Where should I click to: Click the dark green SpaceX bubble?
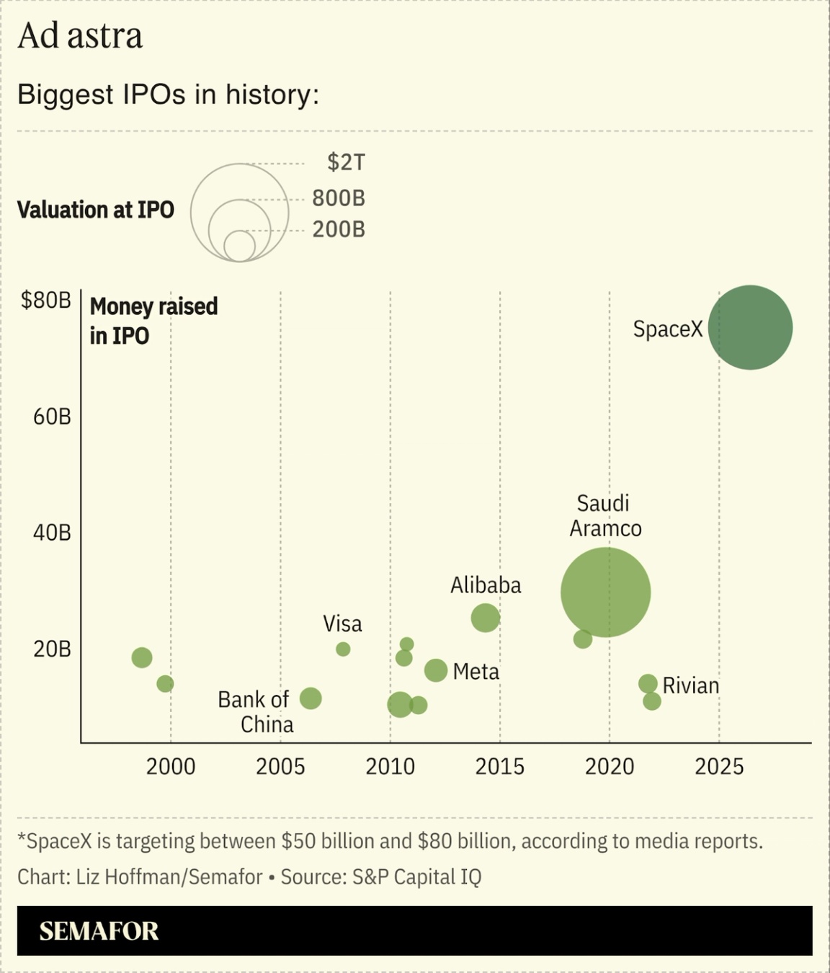pyautogui.click(x=750, y=328)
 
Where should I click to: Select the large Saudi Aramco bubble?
pyautogui.click(x=606, y=592)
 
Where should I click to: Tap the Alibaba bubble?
pyautogui.click(x=486, y=618)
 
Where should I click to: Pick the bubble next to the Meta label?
pyautogui.click(x=436, y=670)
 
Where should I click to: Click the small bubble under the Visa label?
pyautogui.click(x=343, y=649)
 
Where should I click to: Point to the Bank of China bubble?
pyautogui.click(x=311, y=698)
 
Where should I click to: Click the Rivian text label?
pyautogui.click(x=691, y=685)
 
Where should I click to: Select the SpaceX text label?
pyautogui.click(x=667, y=329)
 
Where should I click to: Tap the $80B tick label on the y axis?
pyautogui.click(x=46, y=301)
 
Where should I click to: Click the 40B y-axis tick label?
pyautogui.click(x=52, y=533)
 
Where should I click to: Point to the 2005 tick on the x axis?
pyautogui.click(x=280, y=766)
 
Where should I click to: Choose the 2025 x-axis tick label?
pyautogui.click(x=719, y=766)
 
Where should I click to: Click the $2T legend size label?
pyautogui.click(x=346, y=162)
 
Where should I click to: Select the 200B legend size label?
pyautogui.click(x=339, y=229)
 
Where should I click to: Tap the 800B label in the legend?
pyautogui.click(x=339, y=197)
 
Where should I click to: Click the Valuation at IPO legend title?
pyautogui.click(x=96, y=210)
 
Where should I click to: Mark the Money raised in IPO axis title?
pyautogui.click(x=153, y=321)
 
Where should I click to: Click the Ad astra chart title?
pyautogui.click(x=80, y=36)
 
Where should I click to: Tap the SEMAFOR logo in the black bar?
pyautogui.click(x=99, y=931)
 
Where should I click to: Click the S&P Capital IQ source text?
pyautogui.click(x=416, y=877)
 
